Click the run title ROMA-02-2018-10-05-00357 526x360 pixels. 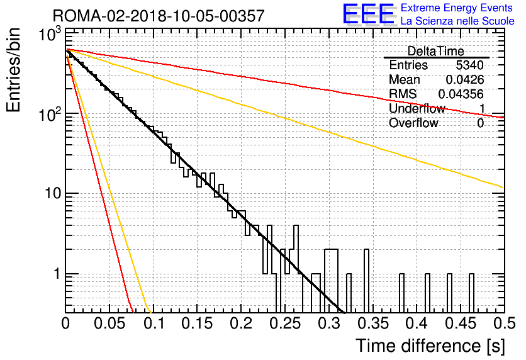[159, 16]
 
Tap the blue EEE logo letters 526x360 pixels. [369, 14]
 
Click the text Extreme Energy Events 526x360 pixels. [457, 8]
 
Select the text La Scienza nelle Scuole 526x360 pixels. [457, 21]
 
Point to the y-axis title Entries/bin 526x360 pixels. [13, 70]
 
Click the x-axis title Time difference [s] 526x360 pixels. [430, 346]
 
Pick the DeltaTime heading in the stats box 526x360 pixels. [436, 51]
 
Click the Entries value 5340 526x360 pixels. [469, 65]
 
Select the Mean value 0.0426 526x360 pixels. [465, 79]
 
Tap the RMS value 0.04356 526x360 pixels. [461, 94]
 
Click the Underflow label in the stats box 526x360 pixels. [417, 108]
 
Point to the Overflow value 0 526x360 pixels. [480, 123]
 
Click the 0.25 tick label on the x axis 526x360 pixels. [286, 323]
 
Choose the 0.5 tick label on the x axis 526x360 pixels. [504, 323]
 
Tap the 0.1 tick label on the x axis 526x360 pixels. [154, 323]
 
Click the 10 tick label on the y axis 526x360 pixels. [52, 194]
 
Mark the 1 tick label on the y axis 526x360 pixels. [57, 274]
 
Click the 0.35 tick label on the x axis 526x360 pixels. [373, 323]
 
